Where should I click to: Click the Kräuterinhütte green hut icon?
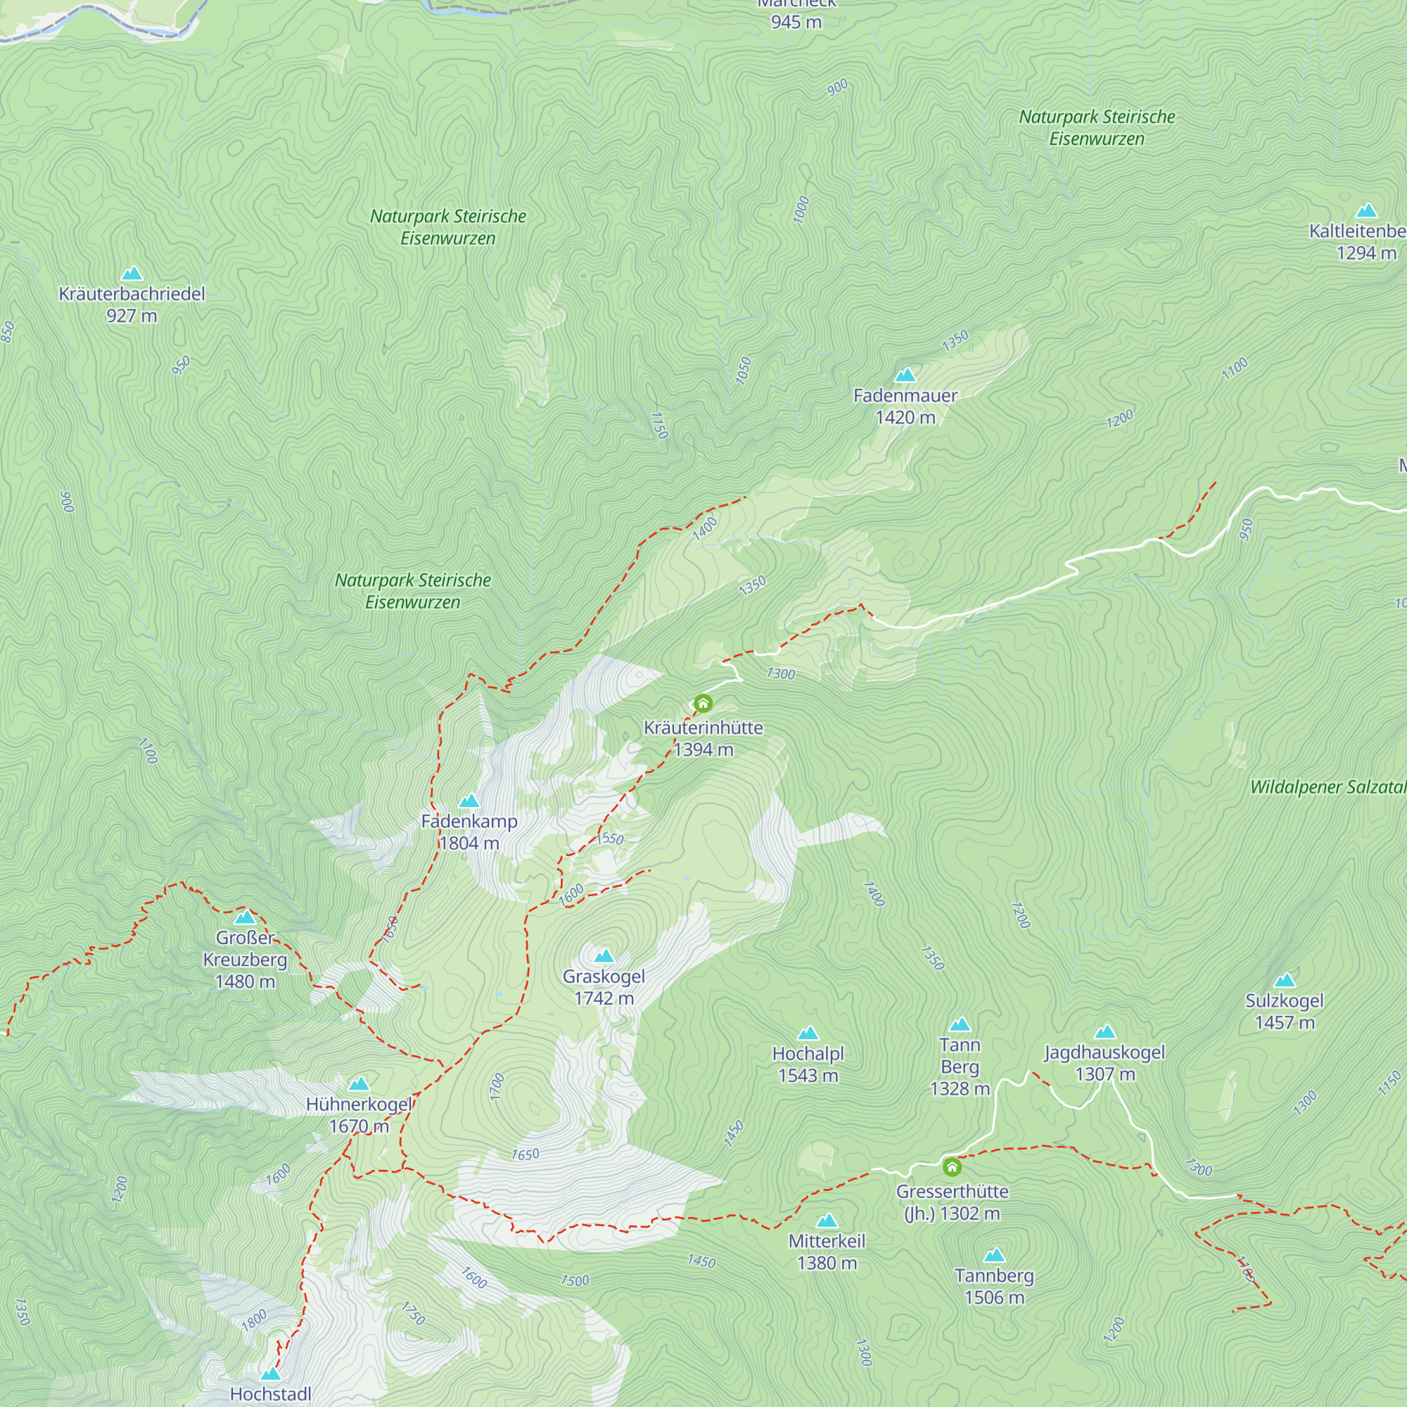(x=703, y=703)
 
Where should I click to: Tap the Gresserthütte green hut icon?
(x=952, y=1167)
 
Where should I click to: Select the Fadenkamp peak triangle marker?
(x=469, y=801)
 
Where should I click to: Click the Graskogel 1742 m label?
(x=604, y=987)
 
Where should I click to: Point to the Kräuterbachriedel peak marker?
(x=132, y=274)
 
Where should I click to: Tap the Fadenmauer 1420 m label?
(x=905, y=407)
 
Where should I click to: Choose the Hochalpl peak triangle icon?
(x=808, y=1033)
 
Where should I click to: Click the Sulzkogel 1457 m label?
(x=1285, y=1011)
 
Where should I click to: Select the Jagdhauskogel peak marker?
(x=1105, y=1032)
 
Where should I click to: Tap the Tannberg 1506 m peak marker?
(x=994, y=1255)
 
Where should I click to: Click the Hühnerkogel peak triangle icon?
(x=358, y=1084)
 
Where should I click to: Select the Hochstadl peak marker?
(x=271, y=1373)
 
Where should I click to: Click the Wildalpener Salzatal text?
(x=1328, y=787)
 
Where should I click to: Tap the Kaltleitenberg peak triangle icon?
(x=1366, y=211)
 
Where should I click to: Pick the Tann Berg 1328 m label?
(x=960, y=1067)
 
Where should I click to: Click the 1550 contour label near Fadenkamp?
(x=609, y=839)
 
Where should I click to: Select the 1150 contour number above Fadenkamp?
(x=658, y=426)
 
